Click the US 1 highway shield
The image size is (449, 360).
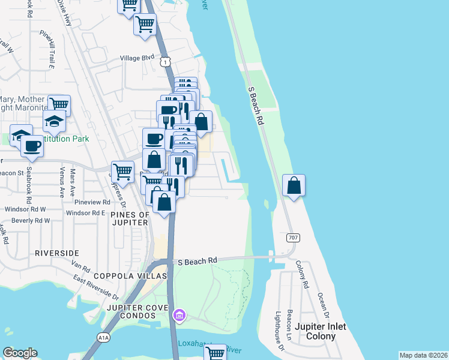(164, 61)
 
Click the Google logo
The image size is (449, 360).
(20, 353)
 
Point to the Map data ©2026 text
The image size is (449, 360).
(423, 355)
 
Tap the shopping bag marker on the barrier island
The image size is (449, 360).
(294, 185)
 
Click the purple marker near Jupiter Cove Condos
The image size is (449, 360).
(178, 315)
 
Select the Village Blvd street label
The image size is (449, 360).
(137, 58)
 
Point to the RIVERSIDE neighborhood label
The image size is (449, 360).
(57, 253)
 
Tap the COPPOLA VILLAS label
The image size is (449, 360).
(130, 276)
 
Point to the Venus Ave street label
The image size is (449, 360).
(61, 182)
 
